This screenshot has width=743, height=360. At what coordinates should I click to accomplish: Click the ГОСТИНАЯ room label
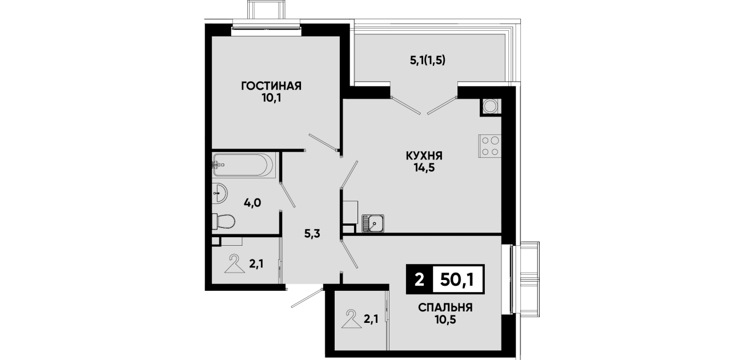point(271,86)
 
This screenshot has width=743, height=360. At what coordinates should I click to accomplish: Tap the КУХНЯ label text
point(424,155)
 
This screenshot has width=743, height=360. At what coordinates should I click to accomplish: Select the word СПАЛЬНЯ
point(445,307)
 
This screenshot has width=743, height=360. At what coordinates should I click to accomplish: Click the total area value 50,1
point(457,279)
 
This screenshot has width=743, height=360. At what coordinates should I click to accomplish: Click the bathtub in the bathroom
point(243,165)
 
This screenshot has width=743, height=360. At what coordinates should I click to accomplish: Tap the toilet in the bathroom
point(223,221)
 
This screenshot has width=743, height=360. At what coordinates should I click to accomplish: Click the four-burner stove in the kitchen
point(489,146)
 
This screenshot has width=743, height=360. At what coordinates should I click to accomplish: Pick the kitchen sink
point(373,223)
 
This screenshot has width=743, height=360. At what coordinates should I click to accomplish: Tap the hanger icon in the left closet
point(235,264)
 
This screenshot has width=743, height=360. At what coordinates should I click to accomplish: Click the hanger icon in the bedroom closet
point(351,319)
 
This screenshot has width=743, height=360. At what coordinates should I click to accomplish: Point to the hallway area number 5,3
point(312,234)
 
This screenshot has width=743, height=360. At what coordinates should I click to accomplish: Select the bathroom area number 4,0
point(252,203)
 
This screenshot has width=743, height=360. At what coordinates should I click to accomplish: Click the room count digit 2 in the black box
point(419,280)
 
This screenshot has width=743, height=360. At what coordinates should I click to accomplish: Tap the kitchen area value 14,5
point(424,168)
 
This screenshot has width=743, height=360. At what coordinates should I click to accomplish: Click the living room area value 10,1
point(271,98)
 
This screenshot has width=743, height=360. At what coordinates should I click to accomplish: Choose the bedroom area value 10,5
point(445,320)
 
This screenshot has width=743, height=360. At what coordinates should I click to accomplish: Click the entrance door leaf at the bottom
point(307,298)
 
